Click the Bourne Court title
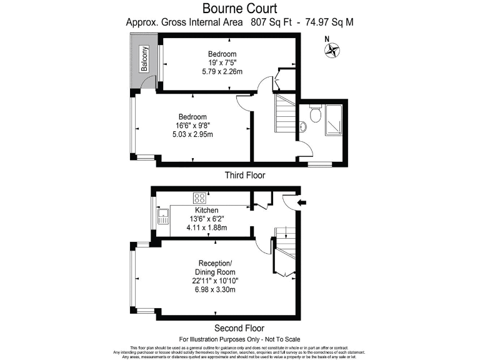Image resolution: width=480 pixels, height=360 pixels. [239, 9]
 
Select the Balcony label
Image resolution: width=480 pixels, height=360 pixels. [144, 59]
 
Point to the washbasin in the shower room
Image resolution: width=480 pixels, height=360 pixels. [304, 127]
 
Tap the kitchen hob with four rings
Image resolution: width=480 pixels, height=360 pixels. [201, 198]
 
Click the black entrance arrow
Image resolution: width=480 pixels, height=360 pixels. [302, 202]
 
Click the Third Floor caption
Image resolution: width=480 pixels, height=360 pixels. [244, 176]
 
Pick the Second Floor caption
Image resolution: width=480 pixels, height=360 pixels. [239, 328]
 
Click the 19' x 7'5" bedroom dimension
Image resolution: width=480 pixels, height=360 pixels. [222, 63]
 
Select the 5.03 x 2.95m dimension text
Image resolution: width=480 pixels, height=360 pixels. [192, 135]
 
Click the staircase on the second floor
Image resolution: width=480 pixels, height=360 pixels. [284, 250]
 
